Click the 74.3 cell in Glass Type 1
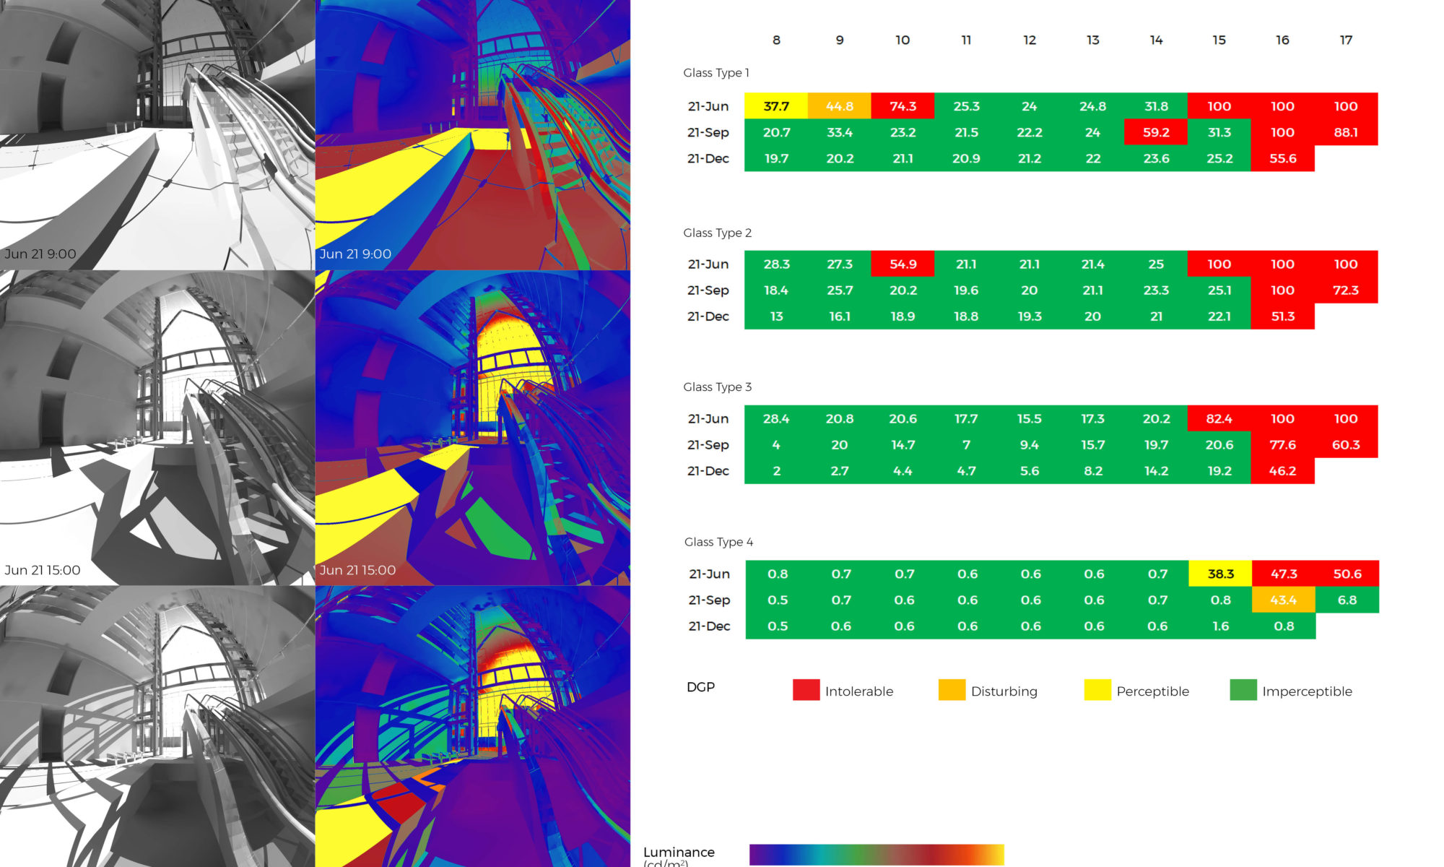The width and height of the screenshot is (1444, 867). point(902,106)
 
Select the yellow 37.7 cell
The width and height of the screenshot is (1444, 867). point(776,106)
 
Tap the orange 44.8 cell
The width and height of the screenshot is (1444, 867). point(840,106)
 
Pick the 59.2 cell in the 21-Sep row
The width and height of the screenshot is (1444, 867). point(1156,132)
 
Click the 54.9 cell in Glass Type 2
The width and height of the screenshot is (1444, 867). point(902,264)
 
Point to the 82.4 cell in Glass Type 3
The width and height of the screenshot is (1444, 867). point(1219,418)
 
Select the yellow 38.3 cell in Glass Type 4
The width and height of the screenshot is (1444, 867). point(1220,574)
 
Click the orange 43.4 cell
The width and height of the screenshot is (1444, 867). point(1283,600)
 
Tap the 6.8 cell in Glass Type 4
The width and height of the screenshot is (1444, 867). point(1347,600)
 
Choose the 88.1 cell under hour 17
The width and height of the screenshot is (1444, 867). point(1346,132)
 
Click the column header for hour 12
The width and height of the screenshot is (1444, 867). point(1030,40)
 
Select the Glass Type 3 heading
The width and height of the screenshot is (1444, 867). point(717,387)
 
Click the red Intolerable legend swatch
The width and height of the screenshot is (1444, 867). point(806,690)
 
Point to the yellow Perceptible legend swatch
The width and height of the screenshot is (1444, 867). point(1097,690)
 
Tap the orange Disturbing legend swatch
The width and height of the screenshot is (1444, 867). point(952,690)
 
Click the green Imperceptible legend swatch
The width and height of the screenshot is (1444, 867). point(1243,690)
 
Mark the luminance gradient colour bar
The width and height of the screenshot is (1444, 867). point(877,854)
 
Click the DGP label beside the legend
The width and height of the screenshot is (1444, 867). point(700,687)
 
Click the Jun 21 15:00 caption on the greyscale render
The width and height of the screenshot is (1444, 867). point(43,570)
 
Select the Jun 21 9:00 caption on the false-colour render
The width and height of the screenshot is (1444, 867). point(355,254)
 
